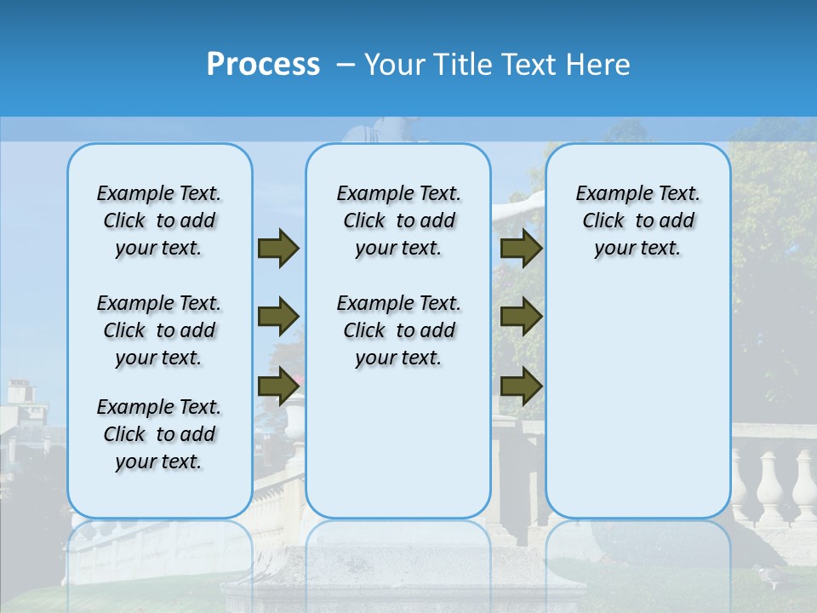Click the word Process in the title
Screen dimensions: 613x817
click(x=262, y=65)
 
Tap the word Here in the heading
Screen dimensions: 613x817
click(x=597, y=65)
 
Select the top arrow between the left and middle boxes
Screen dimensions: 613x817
click(x=278, y=249)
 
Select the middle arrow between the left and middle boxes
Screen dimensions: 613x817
click(x=278, y=318)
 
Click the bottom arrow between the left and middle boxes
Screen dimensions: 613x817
click(x=278, y=387)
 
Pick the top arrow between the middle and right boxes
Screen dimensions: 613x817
click(x=521, y=249)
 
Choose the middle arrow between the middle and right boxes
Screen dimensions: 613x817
click(x=521, y=318)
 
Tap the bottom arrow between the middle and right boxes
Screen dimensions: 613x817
click(x=521, y=387)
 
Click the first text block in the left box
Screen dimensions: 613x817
click(x=159, y=221)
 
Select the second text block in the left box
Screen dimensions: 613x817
click(x=159, y=330)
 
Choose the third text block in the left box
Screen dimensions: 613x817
click(x=159, y=434)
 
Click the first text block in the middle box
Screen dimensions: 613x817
click(x=398, y=221)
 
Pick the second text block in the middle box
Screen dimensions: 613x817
click(x=398, y=330)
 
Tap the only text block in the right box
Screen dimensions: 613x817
click(x=637, y=221)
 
